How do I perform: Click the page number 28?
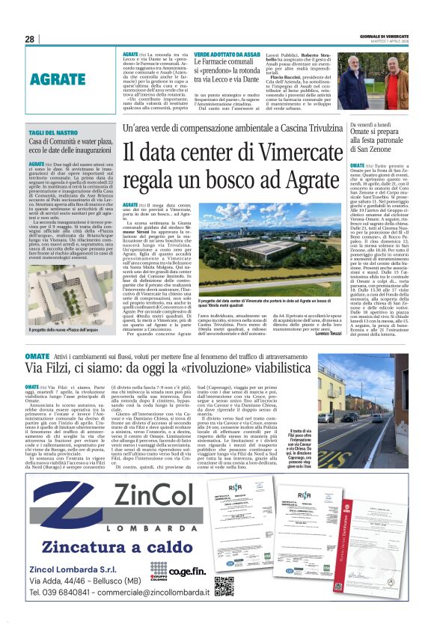pyautogui.click(x=30, y=39)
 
